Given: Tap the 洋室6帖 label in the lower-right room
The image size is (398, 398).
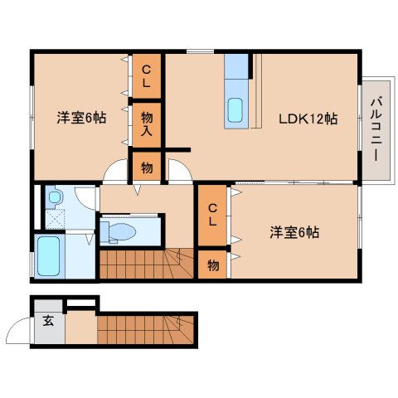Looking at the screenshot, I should click(294, 232).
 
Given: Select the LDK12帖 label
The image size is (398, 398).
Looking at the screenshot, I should click(307, 119).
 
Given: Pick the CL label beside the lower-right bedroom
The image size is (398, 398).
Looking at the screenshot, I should click(212, 214).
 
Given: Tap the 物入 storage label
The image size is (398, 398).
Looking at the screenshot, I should click(146, 124).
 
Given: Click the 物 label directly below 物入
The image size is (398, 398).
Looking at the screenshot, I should click(146, 167).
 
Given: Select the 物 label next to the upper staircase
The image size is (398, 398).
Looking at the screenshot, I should click(212, 265).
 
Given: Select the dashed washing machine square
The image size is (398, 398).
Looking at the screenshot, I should click(55, 217).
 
